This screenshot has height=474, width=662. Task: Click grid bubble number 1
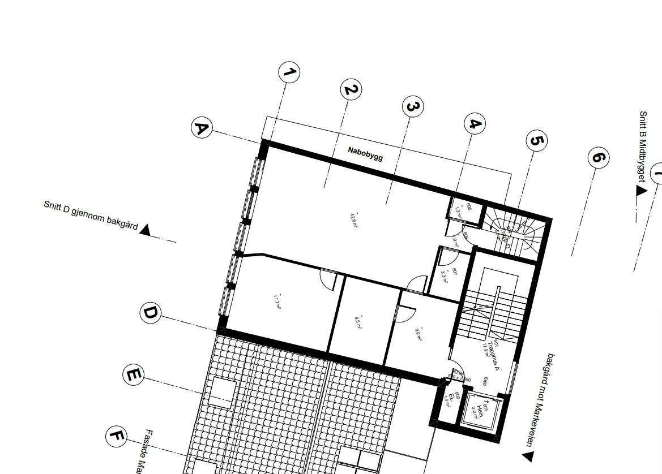(289, 72)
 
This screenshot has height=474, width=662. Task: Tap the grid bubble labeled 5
(536, 141)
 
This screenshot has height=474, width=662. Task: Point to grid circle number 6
(598, 157)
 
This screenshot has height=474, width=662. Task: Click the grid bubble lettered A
(201, 128)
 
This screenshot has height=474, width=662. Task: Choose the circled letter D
(150, 313)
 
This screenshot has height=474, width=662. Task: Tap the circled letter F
(116, 436)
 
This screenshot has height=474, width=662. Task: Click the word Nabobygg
(365, 153)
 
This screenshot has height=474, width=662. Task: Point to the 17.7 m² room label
(277, 301)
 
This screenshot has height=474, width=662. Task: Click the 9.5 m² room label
(358, 322)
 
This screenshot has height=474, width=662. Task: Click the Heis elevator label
(479, 411)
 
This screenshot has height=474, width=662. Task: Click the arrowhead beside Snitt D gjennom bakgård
(146, 230)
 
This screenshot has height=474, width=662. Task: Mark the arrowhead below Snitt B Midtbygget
(641, 191)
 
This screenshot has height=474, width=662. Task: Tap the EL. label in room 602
(452, 397)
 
